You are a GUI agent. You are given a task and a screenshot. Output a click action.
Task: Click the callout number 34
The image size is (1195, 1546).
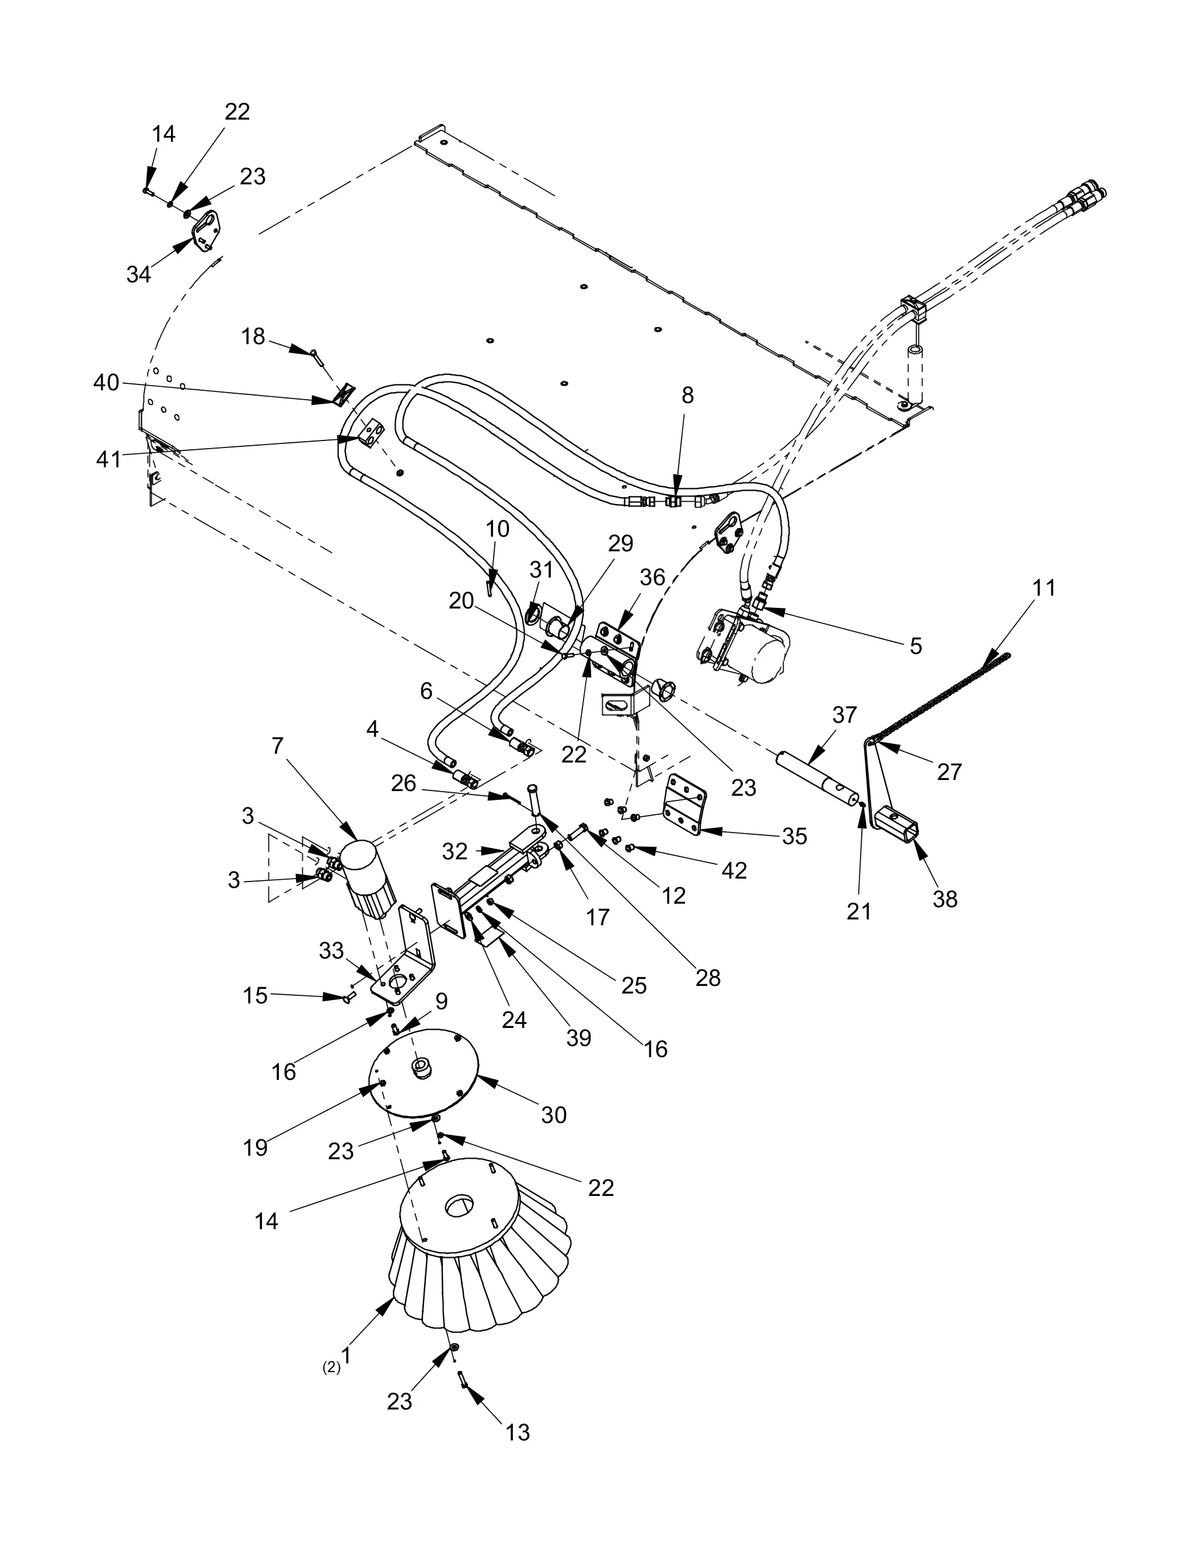pos(139,274)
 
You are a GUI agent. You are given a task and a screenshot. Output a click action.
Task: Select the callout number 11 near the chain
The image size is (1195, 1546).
pos(1043,587)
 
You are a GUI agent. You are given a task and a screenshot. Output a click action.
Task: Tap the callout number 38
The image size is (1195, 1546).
pos(945,898)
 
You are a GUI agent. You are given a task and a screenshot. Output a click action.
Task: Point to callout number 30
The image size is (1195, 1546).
pos(554,1114)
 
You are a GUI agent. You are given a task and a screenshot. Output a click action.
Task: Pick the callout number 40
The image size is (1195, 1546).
pos(106,383)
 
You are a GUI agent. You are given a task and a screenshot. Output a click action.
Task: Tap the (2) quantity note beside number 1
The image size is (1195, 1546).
pos(331,1367)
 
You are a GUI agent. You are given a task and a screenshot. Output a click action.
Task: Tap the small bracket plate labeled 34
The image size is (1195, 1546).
pos(205,232)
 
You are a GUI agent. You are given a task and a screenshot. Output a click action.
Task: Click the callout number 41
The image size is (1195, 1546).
pos(109,459)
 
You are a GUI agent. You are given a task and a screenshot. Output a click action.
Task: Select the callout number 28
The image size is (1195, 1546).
pos(707,978)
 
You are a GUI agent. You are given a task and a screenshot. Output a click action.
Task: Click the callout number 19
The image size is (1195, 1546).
pos(255,1148)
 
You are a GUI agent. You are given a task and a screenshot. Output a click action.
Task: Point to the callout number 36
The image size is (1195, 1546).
pos(652,578)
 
